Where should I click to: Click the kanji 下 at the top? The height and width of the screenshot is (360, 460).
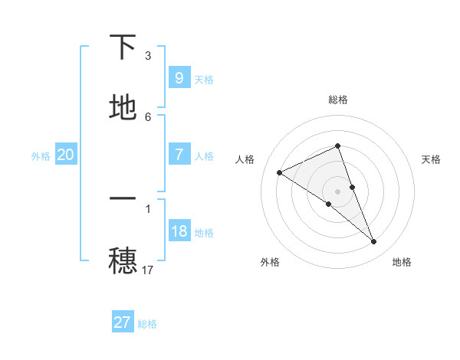[123, 47]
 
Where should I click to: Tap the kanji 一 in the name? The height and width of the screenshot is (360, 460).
[123, 199]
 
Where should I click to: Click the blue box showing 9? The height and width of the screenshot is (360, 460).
[179, 77]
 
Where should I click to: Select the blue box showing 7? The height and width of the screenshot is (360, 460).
[179, 154]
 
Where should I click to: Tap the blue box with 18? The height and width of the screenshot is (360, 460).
[179, 231]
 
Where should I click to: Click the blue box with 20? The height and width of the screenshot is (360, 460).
[65, 155]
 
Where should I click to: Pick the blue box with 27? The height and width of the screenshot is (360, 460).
[123, 322]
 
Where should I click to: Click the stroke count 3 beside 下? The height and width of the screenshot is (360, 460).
[148, 56]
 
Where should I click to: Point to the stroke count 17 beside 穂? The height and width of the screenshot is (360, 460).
[149, 270]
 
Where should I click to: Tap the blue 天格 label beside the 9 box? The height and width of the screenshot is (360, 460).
[204, 80]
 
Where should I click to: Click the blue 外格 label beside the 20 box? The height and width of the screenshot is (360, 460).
[41, 156]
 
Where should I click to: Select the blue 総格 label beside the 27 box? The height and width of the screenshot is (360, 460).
[147, 325]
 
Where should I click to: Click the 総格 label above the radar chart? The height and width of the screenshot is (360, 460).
[338, 100]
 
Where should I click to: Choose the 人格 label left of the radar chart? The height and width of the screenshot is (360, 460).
[245, 159]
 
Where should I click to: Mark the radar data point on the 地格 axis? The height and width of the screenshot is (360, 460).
[374, 242]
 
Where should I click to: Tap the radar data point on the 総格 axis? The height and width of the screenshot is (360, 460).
[338, 146]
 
